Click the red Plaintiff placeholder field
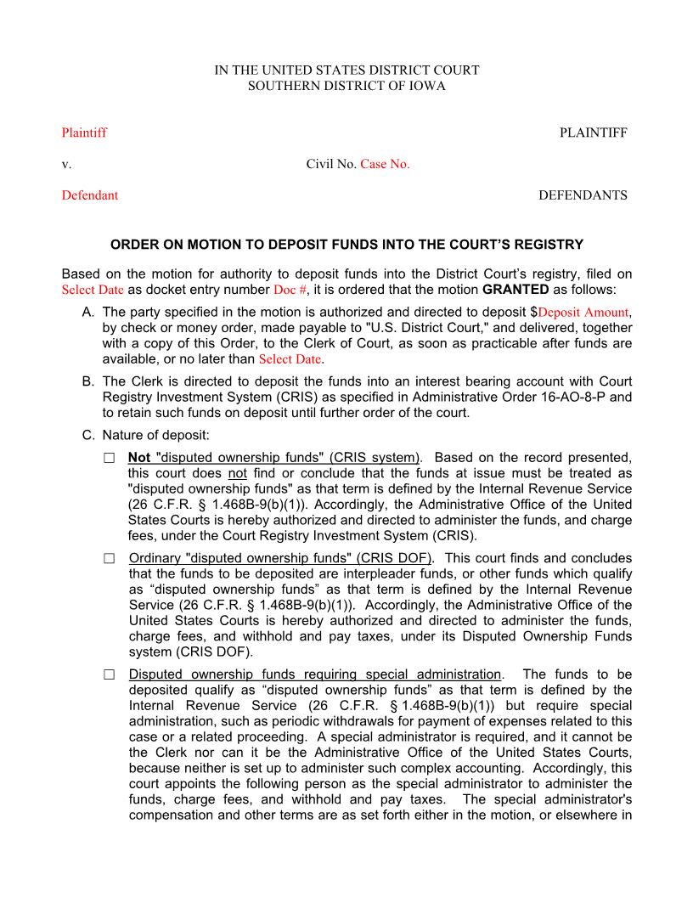click(x=84, y=133)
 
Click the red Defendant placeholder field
click(x=89, y=195)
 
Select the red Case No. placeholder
click(x=385, y=164)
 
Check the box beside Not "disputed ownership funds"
click(x=109, y=458)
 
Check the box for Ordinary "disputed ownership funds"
click(x=109, y=559)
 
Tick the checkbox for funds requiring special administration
click(x=109, y=675)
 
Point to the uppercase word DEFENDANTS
click(x=583, y=195)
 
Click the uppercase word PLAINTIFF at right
click(x=593, y=133)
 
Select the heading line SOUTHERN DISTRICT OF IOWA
click(x=346, y=86)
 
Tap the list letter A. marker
click(x=88, y=313)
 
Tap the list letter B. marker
click(x=88, y=381)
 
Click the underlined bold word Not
click(x=139, y=458)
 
